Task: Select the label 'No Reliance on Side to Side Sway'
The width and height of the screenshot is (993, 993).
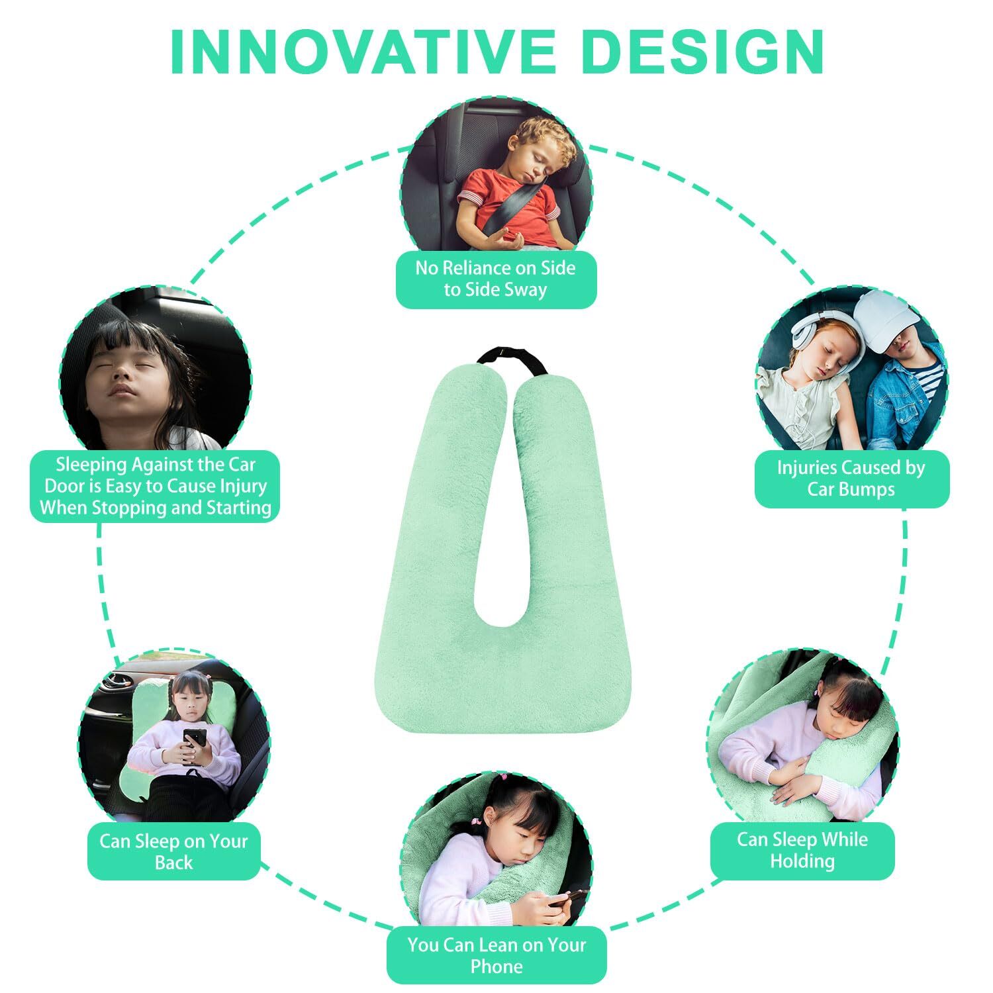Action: coord(496,279)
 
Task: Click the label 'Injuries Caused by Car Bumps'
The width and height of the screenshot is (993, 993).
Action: coord(851,479)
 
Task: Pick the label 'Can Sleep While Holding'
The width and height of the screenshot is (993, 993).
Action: coord(802,851)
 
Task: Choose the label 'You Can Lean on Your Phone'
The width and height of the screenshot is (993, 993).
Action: coord(496,955)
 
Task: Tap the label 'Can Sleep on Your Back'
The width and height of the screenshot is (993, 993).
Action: coord(173,852)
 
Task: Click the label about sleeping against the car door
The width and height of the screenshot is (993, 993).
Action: coord(156,487)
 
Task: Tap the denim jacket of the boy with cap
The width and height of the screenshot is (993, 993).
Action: coord(907,397)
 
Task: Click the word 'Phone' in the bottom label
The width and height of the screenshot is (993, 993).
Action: coord(496,967)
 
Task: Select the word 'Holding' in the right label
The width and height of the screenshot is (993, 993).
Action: coord(802,861)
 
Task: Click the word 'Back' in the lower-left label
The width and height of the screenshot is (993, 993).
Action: coord(173,863)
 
